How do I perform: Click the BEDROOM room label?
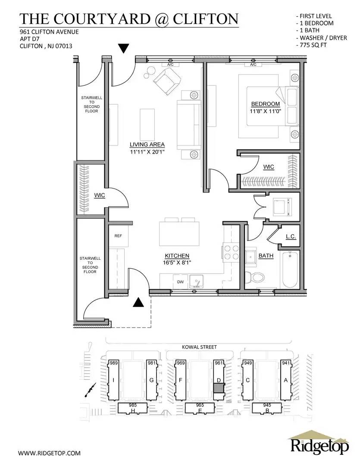[265, 104]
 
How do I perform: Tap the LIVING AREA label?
[147, 145]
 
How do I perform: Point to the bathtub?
[290, 270]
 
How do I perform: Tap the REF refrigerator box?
[118, 236]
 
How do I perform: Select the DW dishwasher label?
[180, 282]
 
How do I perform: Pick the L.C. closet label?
[290, 236]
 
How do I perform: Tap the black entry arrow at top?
[124, 48]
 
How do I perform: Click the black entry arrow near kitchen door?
[138, 302]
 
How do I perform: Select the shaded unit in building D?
[219, 387]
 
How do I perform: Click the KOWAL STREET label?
[199, 347]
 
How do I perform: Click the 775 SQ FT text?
[314, 45]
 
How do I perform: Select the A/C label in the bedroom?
[253, 65]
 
